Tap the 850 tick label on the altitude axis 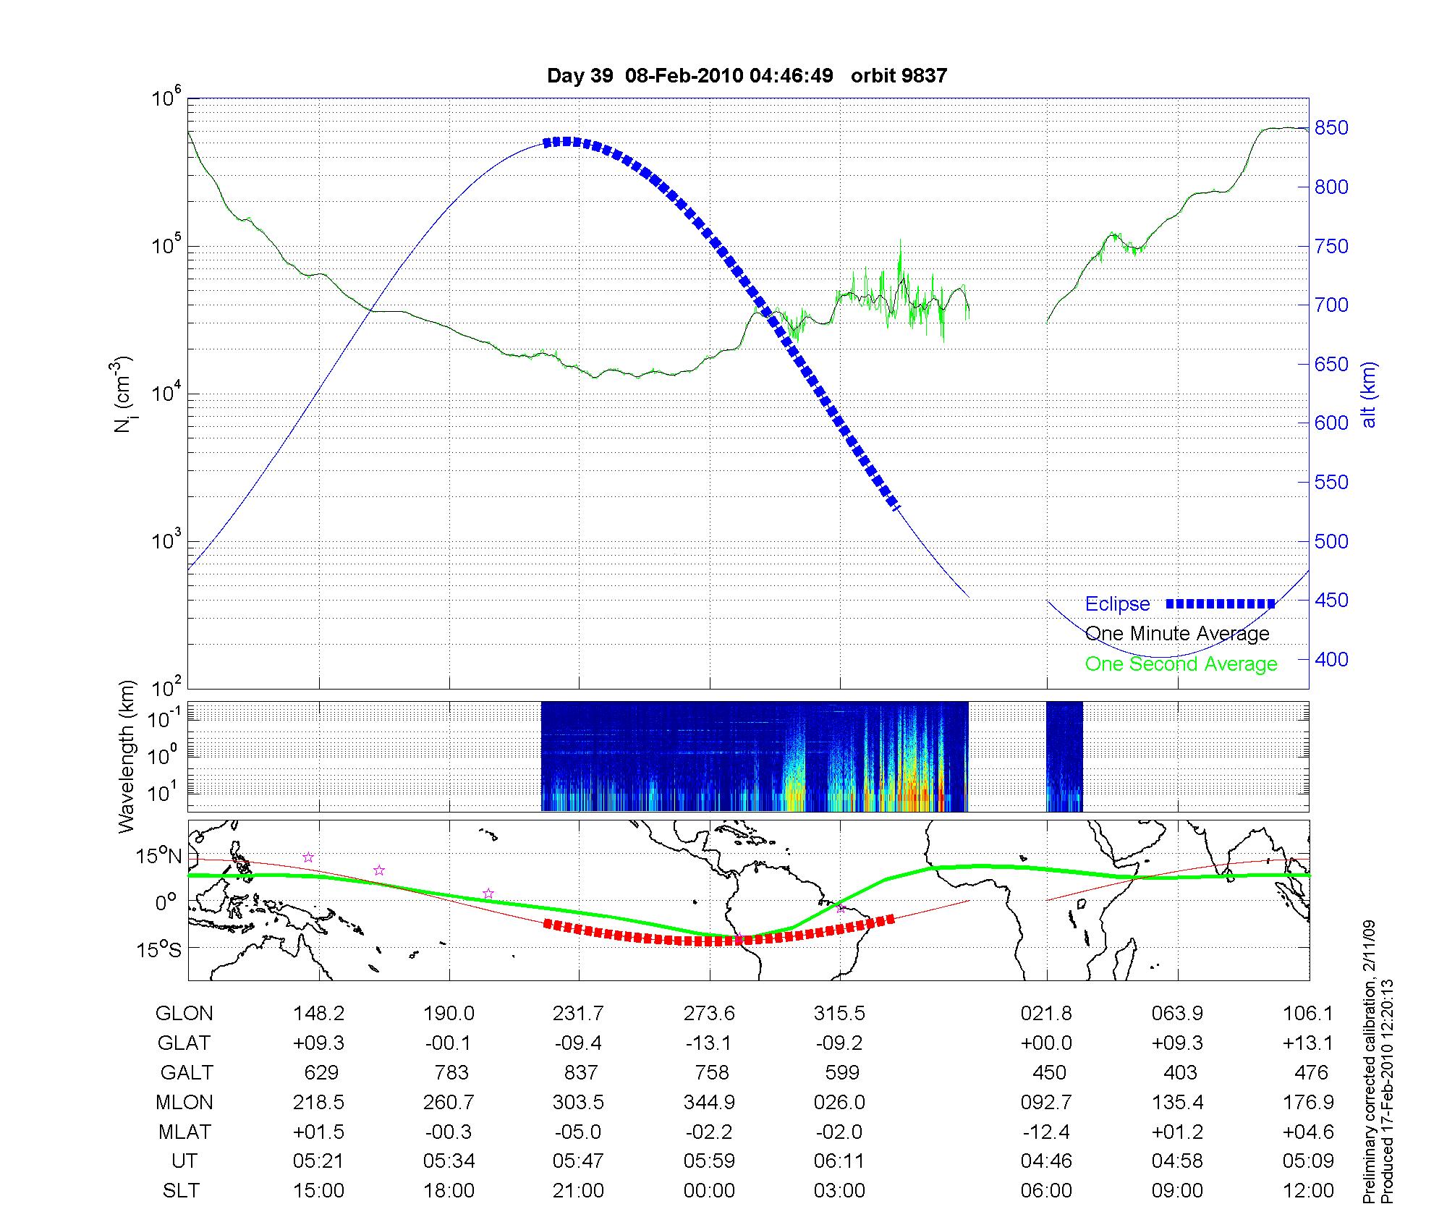(x=1331, y=128)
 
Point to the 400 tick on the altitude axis (x=1331, y=659)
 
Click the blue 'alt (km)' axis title (x=1369, y=394)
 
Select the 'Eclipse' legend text (x=1117, y=604)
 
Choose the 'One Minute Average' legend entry (x=1177, y=634)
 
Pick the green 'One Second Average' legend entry (x=1181, y=664)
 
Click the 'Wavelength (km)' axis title (x=127, y=756)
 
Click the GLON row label (x=184, y=1014)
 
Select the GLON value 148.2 (x=318, y=1014)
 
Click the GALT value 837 (x=580, y=1072)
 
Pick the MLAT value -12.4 (x=1046, y=1132)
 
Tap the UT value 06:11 (x=839, y=1161)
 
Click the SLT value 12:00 (x=1308, y=1191)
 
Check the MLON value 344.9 (x=709, y=1103)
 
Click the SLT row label (x=181, y=1191)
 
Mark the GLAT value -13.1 (x=709, y=1043)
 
